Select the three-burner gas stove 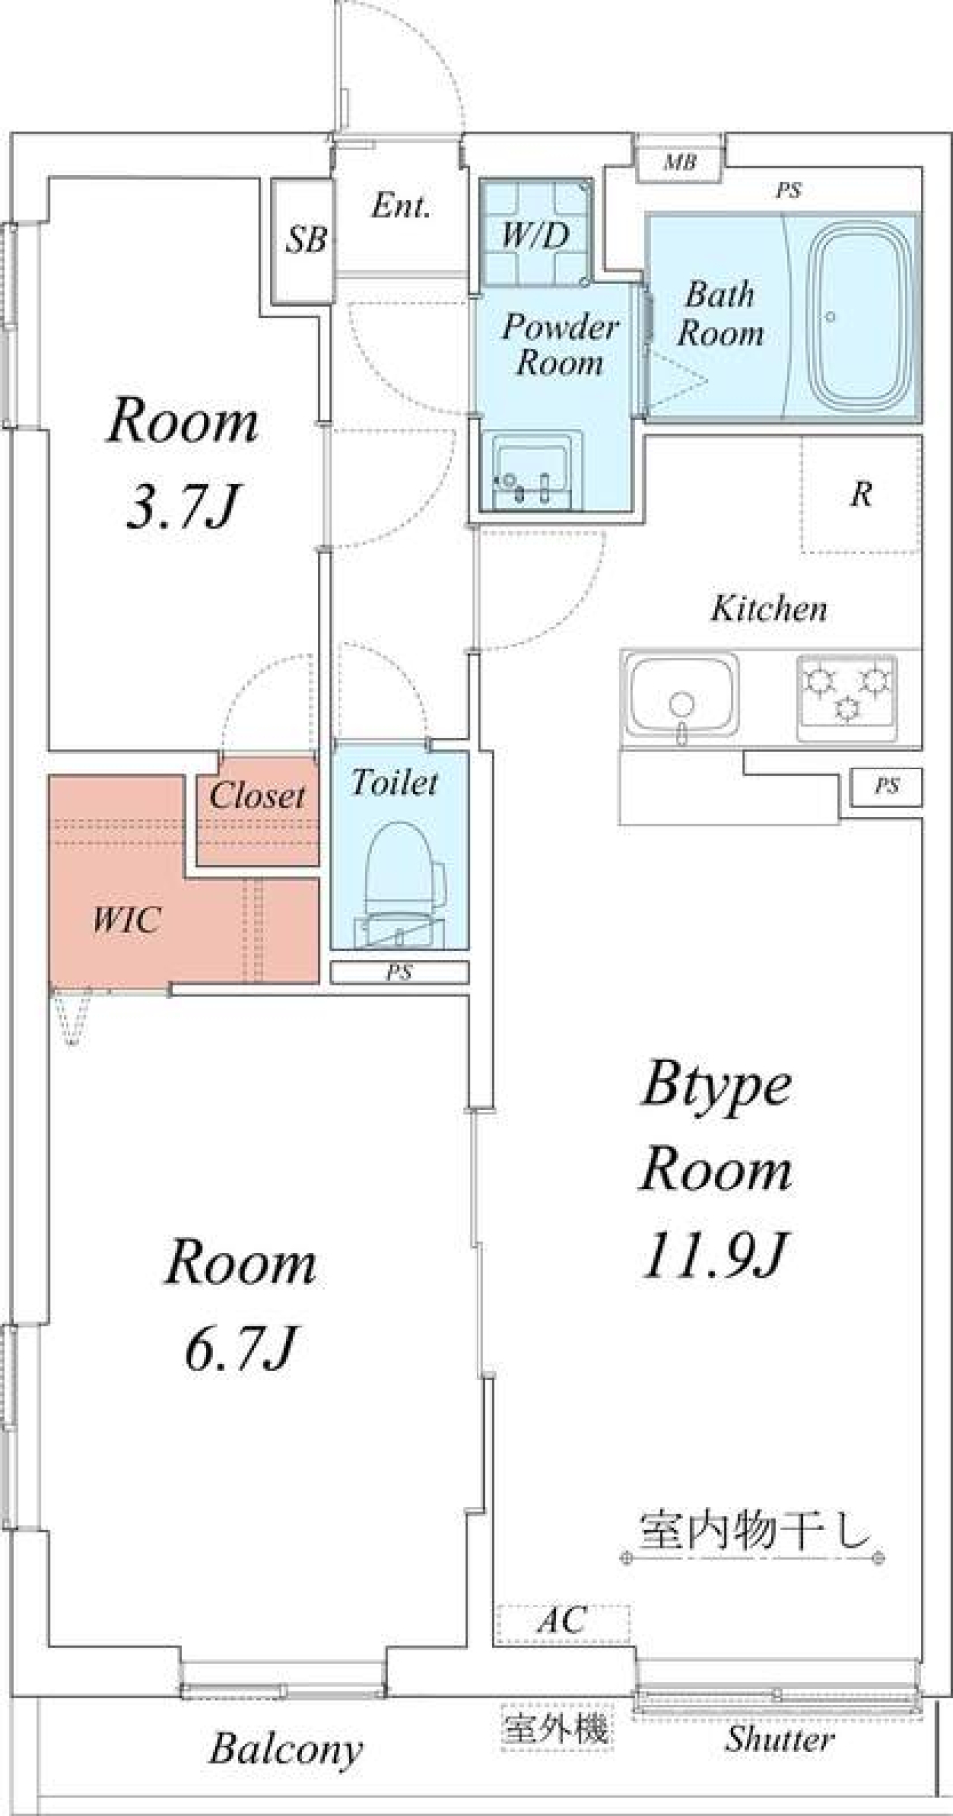pyautogui.click(x=847, y=697)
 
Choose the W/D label pyautogui.click(x=535, y=236)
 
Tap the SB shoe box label pyautogui.click(x=306, y=239)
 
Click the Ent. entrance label pyautogui.click(x=401, y=207)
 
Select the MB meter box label pyautogui.click(x=680, y=162)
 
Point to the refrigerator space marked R pyautogui.click(x=861, y=493)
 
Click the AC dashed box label pyautogui.click(x=563, y=1622)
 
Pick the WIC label pyautogui.click(x=126, y=919)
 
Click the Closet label pyautogui.click(x=257, y=795)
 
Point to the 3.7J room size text pyautogui.click(x=184, y=506)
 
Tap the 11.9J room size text pyautogui.click(x=715, y=1255)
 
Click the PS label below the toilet pyautogui.click(x=398, y=973)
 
